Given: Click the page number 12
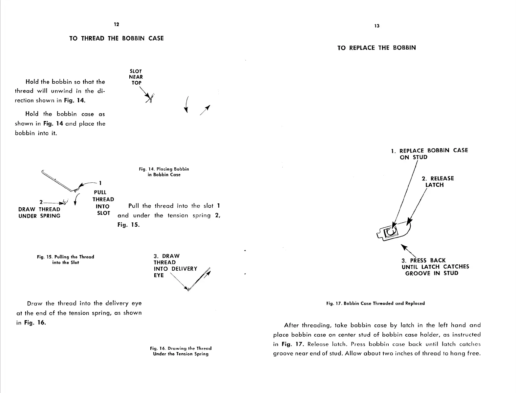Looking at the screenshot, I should [116, 25].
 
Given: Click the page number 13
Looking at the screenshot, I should [376, 26].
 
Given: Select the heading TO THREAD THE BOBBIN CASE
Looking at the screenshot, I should [116, 38].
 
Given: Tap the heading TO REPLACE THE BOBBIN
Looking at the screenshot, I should [376, 48].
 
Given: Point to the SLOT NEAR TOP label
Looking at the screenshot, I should [136, 77].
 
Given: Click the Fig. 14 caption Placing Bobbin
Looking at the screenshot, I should [164, 172].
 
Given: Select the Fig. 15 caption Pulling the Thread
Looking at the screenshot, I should [65, 259].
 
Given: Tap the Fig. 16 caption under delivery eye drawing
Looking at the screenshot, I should [181, 351].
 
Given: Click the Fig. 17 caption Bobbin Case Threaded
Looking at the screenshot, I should [376, 303].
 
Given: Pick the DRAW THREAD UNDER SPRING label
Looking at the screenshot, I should [39, 213].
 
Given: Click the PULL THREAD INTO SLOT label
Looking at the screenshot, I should [103, 203].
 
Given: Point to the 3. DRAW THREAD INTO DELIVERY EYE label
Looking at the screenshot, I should [175, 265].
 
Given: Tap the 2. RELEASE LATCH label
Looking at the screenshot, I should [438, 182].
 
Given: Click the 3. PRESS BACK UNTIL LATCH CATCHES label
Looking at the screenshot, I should [435, 267].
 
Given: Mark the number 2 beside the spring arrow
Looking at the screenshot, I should [41, 202].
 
